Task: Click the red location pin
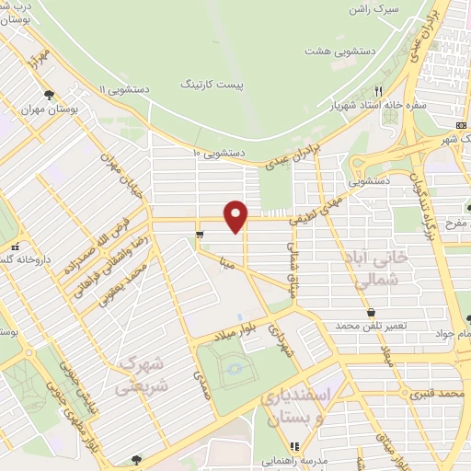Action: pyautogui.click(x=237, y=215)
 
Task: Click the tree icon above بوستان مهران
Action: pyautogui.click(x=49, y=95)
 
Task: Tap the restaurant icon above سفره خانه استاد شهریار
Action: pyautogui.click(x=378, y=91)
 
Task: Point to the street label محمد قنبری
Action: pyautogui.click(x=435, y=393)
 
